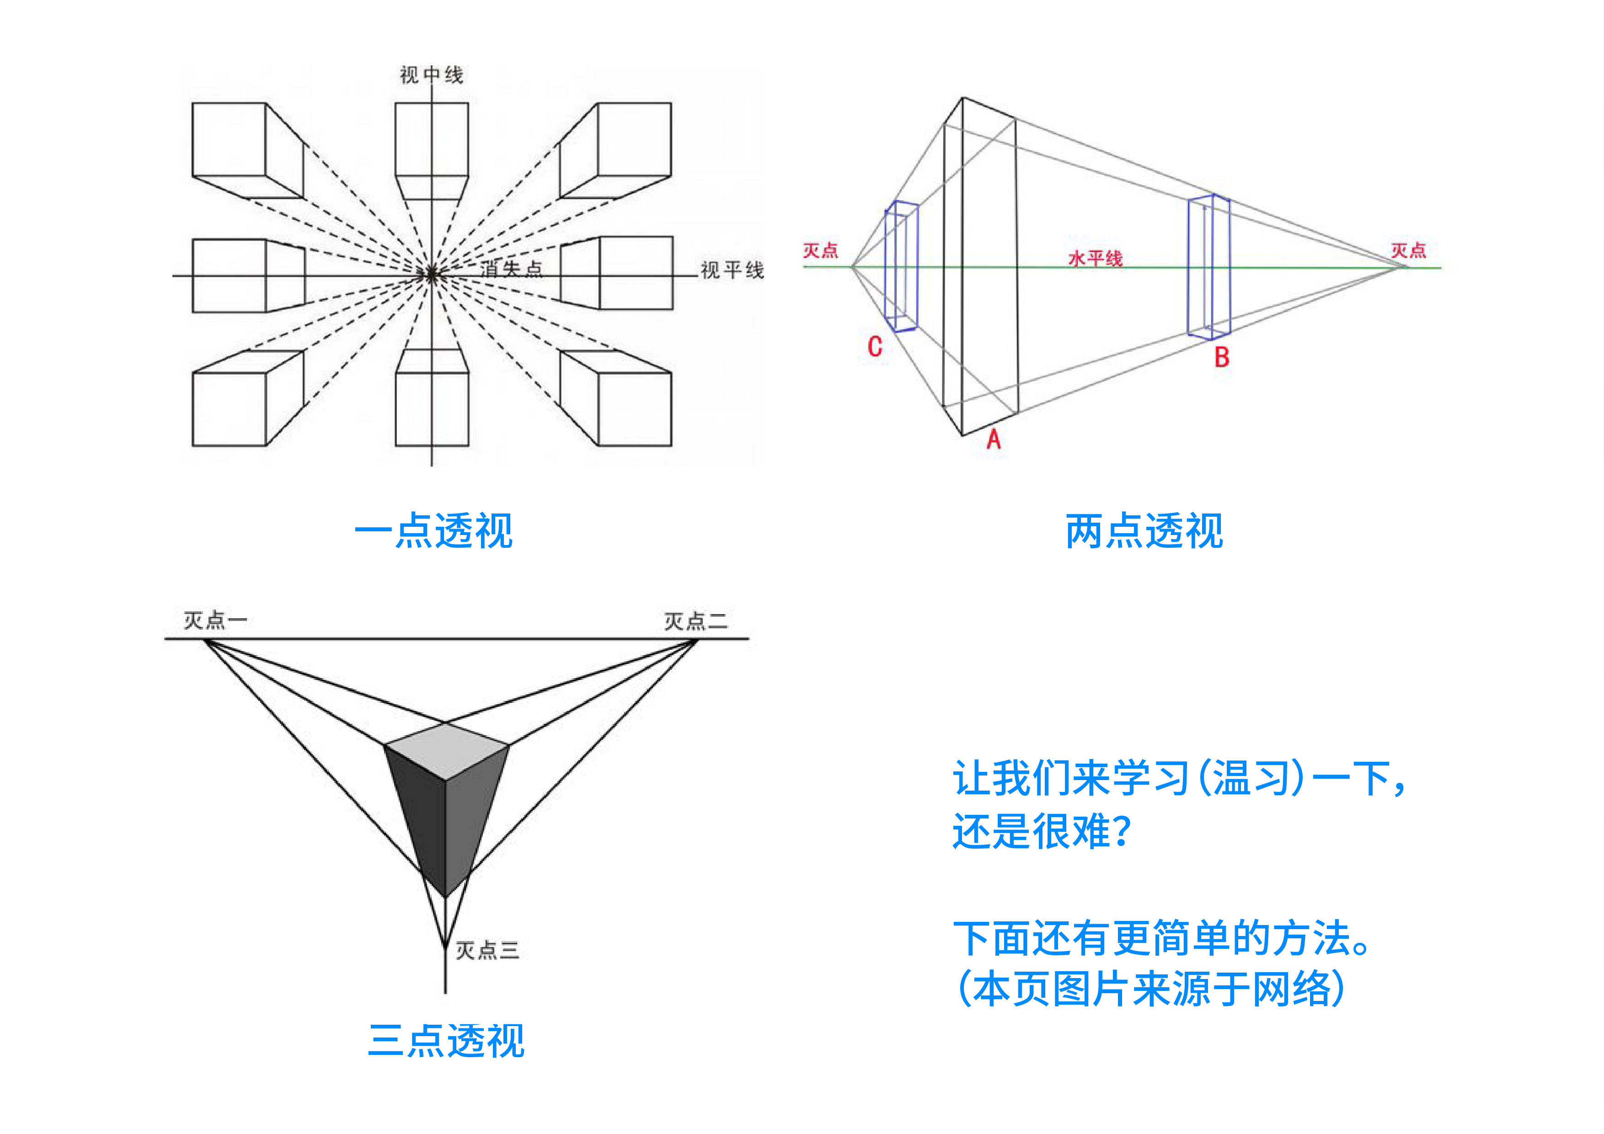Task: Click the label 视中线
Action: click(431, 75)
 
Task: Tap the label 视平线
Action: click(732, 270)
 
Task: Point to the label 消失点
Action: click(511, 269)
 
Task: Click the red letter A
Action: click(994, 439)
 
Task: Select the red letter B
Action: click(1221, 357)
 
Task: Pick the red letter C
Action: click(875, 347)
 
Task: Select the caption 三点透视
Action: click(446, 1040)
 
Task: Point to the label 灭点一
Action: click(214, 620)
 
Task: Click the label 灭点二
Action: click(695, 620)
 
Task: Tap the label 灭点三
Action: click(487, 950)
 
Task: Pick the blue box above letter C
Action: click(900, 266)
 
